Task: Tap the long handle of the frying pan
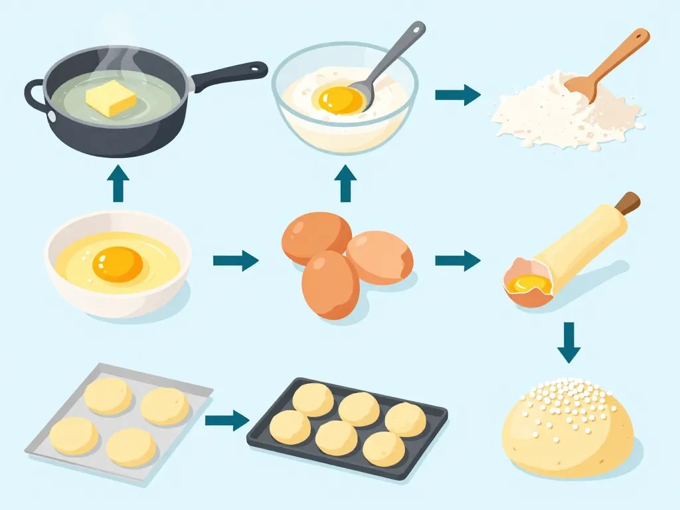229,74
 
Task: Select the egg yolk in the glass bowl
341,100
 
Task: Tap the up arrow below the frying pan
118,184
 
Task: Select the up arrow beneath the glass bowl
345,184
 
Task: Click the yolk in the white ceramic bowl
118,264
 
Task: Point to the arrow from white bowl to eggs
235,261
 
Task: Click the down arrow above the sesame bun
568,343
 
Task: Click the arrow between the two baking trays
226,420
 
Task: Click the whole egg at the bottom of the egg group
330,284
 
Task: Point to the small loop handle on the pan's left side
33,96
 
